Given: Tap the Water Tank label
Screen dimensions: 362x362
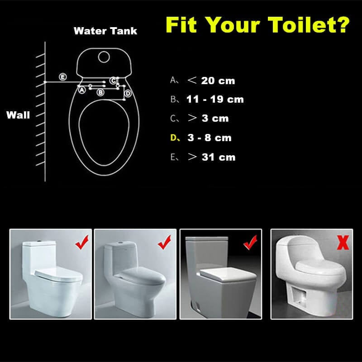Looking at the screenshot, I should click(x=105, y=31).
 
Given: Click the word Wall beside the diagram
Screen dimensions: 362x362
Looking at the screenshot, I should click(x=18, y=115).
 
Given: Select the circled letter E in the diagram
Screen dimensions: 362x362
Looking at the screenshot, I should click(x=63, y=77).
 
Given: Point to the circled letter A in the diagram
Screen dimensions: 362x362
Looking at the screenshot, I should click(x=82, y=90).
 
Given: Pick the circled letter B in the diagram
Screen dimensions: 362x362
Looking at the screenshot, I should click(x=100, y=92).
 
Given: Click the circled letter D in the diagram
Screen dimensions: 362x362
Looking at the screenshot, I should click(x=128, y=93).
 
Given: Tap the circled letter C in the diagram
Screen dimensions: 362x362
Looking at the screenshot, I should click(x=114, y=81).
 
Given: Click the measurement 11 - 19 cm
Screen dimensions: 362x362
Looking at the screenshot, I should click(x=215, y=100).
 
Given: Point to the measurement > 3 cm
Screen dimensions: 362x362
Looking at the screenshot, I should click(x=208, y=119).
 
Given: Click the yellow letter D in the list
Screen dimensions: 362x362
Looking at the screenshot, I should click(x=174, y=138).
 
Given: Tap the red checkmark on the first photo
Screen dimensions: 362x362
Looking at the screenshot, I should click(x=82, y=244).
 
